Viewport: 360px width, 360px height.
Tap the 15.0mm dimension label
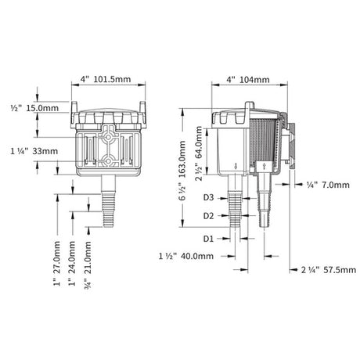(34, 108)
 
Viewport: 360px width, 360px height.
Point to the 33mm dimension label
(34, 151)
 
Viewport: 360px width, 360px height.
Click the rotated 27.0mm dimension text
(57, 264)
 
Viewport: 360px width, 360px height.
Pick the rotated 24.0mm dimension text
(72, 264)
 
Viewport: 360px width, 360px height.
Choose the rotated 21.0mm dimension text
(88, 265)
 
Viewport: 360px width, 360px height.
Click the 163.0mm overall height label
(182, 171)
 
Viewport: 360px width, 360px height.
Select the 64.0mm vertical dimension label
(199, 153)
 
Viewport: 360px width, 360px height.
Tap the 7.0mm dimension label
(328, 185)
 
